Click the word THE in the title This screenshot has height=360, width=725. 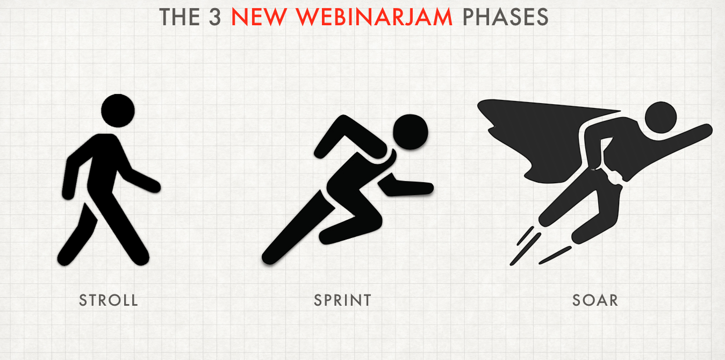[180, 17]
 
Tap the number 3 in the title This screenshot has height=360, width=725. [215, 17]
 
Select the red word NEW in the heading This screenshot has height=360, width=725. [259, 17]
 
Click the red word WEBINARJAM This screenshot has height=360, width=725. [374, 17]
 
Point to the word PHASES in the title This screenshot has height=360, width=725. [506, 17]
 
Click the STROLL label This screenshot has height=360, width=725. [109, 300]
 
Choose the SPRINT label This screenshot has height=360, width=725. [342, 300]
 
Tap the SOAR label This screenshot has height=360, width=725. [595, 300]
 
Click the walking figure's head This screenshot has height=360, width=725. [118, 111]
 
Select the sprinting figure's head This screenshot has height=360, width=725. [411, 132]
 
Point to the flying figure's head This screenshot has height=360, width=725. [661, 117]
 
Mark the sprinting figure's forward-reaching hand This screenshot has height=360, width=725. [424, 189]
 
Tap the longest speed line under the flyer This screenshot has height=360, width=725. [526, 249]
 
